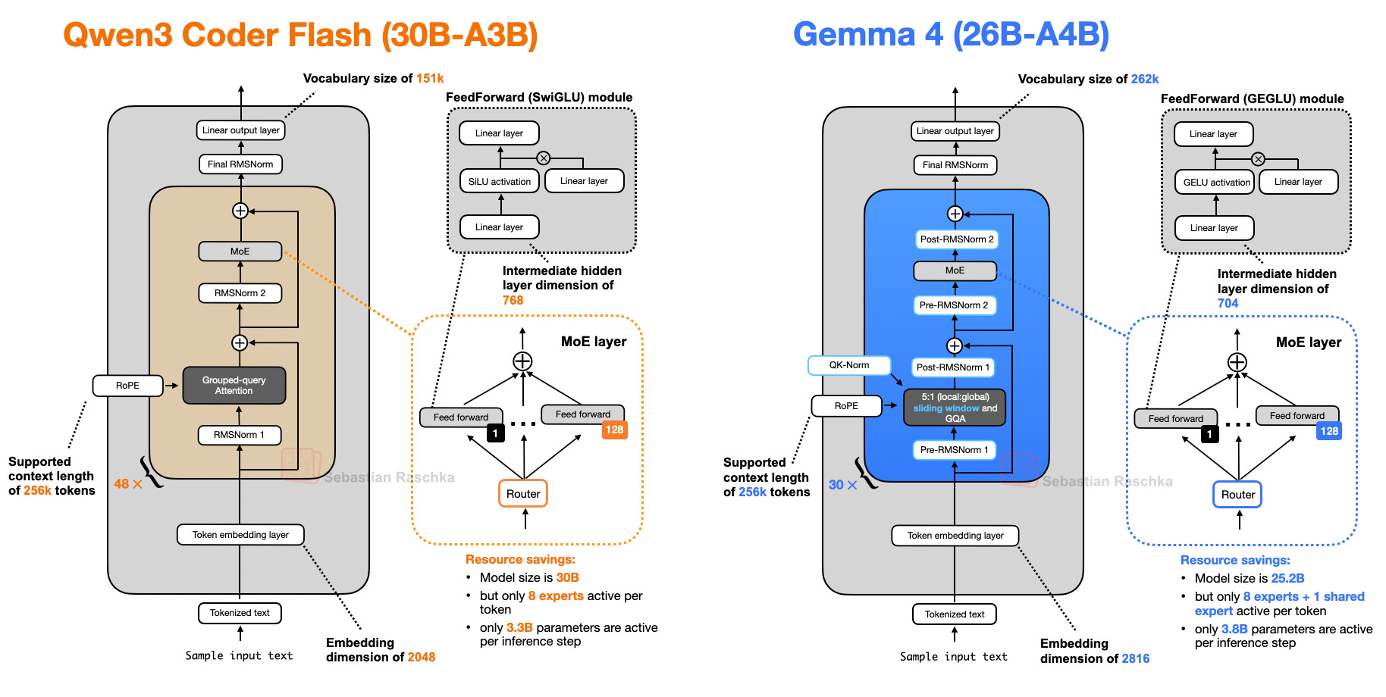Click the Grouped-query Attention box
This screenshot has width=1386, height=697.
tap(234, 386)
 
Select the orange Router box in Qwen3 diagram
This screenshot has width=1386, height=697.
tap(523, 494)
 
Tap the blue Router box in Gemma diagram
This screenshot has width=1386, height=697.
tap(1237, 495)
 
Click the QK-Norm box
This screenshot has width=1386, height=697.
tap(849, 365)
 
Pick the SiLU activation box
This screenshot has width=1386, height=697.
tap(500, 182)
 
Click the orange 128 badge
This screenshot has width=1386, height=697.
tap(614, 430)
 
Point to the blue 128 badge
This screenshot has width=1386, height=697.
tap(1328, 431)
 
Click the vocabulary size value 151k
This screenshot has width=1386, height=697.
tap(430, 79)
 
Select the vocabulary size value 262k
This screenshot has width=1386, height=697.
tap(1144, 80)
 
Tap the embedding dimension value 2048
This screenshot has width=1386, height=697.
tap(421, 658)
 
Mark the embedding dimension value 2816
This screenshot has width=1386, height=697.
tap(1135, 659)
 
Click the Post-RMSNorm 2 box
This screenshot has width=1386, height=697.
tap(956, 239)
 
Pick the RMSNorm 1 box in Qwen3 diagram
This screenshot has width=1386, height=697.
tap(240, 435)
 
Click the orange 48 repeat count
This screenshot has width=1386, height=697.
tap(121, 484)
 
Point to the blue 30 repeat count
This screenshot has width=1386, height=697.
tap(836, 485)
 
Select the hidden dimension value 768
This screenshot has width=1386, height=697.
tap(513, 301)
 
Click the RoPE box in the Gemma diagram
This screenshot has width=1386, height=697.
tap(846, 406)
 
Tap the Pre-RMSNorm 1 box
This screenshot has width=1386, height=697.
tap(954, 450)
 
